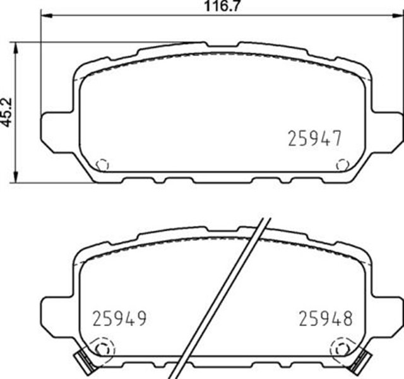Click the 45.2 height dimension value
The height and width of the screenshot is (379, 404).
click(6, 112)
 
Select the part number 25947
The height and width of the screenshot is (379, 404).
click(314, 137)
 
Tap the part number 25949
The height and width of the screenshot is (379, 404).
click(119, 318)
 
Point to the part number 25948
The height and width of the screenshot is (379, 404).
click(324, 318)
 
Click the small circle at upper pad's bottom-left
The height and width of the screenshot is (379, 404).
click(101, 165)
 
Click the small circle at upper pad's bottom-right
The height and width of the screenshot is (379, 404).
click(343, 165)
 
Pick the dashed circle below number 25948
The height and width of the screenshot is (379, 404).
click(342, 347)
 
